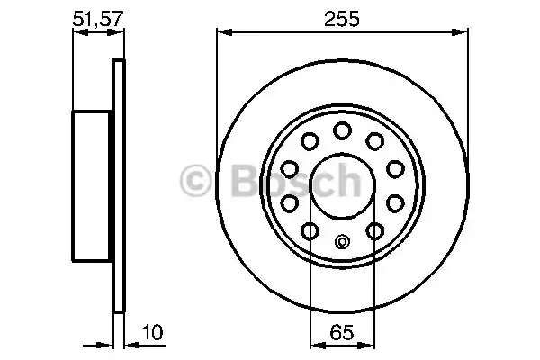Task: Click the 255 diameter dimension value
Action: (x=342, y=19)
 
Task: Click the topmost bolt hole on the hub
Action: (x=342, y=131)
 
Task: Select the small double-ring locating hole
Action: (x=342, y=241)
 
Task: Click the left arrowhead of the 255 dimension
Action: (x=221, y=34)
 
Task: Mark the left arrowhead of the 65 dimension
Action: (x=314, y=342)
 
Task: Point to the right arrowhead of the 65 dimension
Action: (x=370, y=342)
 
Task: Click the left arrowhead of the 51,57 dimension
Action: (x=76, y=34)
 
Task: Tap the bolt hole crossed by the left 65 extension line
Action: (x=310, y=233)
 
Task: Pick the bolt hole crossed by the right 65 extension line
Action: (x=374, y=233)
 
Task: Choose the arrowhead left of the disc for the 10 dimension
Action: (x=106, y=342)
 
